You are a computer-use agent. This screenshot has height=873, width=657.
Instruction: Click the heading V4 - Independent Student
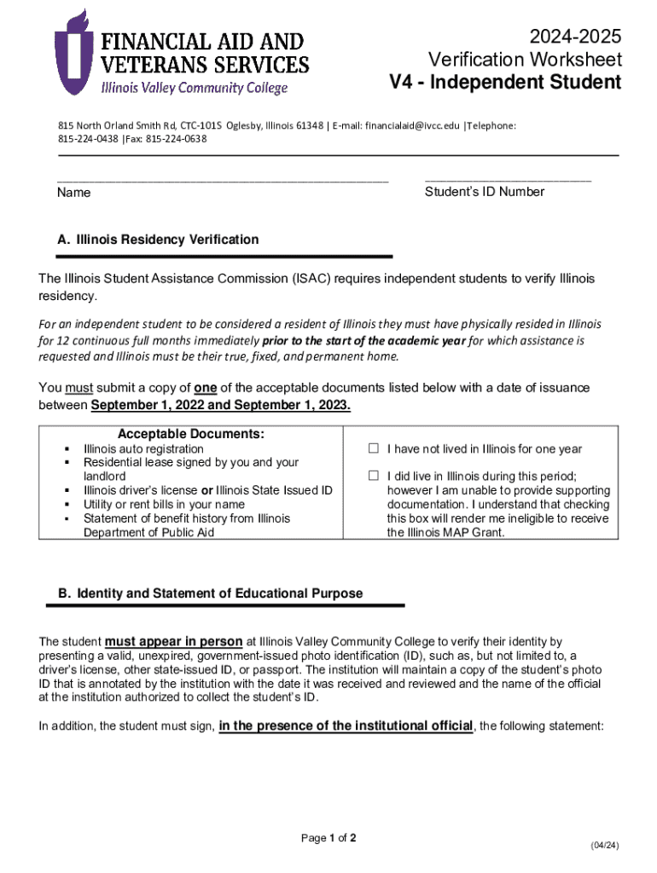[x=505, y=83]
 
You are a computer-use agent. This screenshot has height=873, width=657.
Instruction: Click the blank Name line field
[x=222, y=179]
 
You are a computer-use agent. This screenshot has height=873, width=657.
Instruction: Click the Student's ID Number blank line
[x=507, y=179]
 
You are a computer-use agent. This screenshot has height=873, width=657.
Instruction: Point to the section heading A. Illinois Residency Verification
[x=158, y=240]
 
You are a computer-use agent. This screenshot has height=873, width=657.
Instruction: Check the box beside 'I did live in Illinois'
[x=373, y=476]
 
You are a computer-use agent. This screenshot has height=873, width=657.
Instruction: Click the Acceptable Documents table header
[x=191, y=434]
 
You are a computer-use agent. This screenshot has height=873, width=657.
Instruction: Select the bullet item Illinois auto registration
[x=143, y=448]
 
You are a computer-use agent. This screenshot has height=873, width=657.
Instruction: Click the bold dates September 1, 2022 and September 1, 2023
[x=220, y=405]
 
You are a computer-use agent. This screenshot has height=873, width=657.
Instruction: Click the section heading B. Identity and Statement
[x=210, y=593]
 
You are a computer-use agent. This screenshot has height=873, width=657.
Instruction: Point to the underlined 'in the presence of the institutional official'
[x=346, y=726]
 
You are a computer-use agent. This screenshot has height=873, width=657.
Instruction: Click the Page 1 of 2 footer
[x=328, y=838]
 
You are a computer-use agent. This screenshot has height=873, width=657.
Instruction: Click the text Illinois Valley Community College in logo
[x=195, y=87]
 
